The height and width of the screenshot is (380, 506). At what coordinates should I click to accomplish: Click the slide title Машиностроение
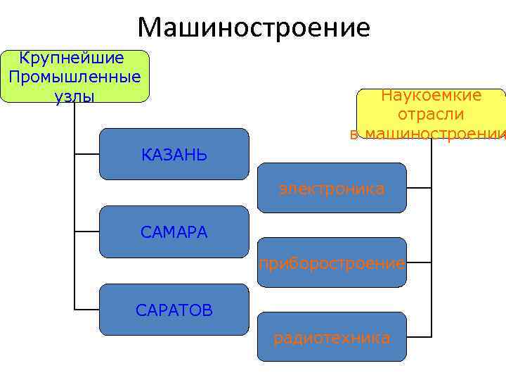(253, 27)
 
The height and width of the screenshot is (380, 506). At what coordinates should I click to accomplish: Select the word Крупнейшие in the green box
(72, 58)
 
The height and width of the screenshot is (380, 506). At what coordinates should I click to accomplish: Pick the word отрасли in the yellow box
(431, 115)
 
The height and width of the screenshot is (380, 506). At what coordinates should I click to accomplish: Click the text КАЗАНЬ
(174, 155)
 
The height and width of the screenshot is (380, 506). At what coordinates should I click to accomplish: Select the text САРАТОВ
(174, 310)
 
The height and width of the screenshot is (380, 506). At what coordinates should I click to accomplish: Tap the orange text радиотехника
(332, 338)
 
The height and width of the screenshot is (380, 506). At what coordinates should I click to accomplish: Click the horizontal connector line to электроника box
(419, 188)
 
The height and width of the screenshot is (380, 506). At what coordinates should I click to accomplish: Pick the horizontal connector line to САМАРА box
(86, 231)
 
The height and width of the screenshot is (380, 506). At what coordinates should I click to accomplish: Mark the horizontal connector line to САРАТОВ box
(86, 309)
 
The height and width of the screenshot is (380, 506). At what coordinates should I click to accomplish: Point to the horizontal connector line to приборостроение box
(419, 263)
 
